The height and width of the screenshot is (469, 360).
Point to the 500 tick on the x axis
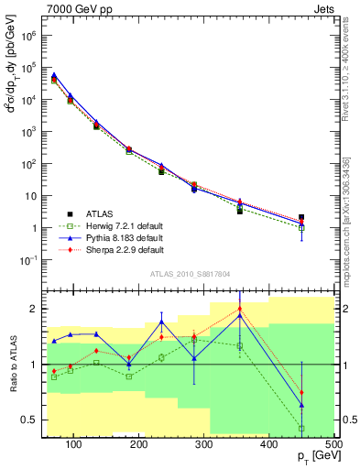click(333, 443)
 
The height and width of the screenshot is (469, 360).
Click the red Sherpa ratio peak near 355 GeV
click(240, 309)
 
